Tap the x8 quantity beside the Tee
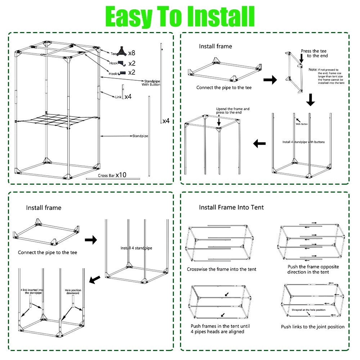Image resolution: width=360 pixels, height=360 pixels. tap(132, 53)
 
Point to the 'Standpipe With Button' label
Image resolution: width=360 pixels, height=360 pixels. tap(151, 83)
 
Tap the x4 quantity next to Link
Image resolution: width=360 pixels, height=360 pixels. tap(128, 97)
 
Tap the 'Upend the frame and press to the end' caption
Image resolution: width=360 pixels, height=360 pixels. tap(233, 111)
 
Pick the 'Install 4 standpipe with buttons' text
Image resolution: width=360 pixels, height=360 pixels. tap(303, 142)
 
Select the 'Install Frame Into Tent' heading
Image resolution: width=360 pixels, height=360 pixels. tap(231, 207)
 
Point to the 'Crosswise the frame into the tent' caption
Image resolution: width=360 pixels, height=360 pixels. tap(221, 269)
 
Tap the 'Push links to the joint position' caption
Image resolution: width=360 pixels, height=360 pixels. tap(312, 327)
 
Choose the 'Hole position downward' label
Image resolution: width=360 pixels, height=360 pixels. tap(72, 292)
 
